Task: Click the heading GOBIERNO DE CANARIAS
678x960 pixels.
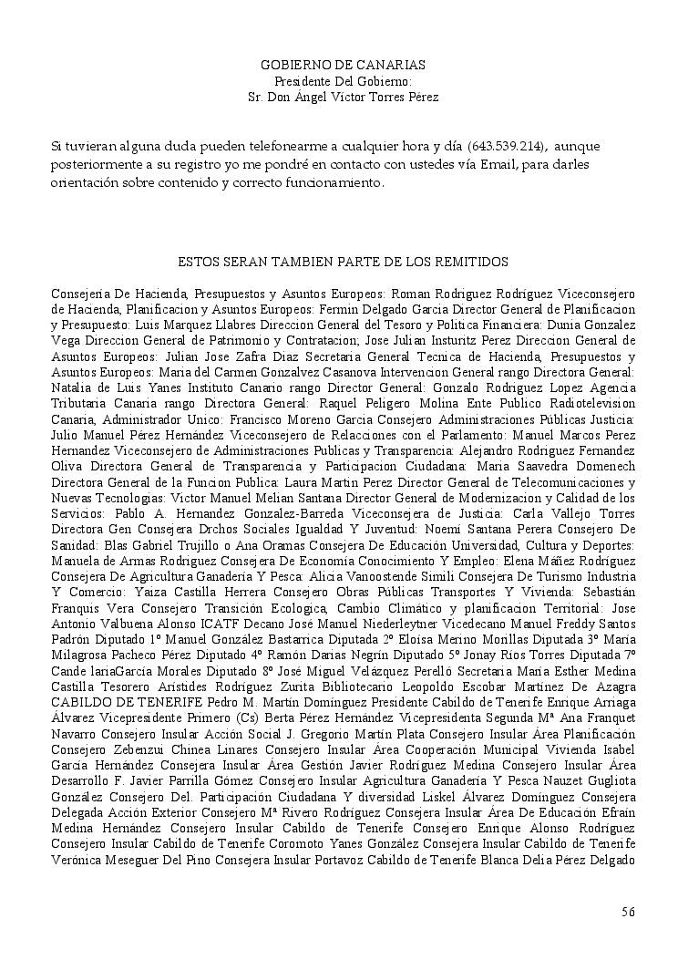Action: [x=343, y=66]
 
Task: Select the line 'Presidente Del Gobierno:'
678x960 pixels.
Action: [x=343, y=81]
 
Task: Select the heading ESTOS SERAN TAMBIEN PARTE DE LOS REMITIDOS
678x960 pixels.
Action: [x=343, y=263]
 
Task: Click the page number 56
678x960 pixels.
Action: [x=628, y=912]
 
